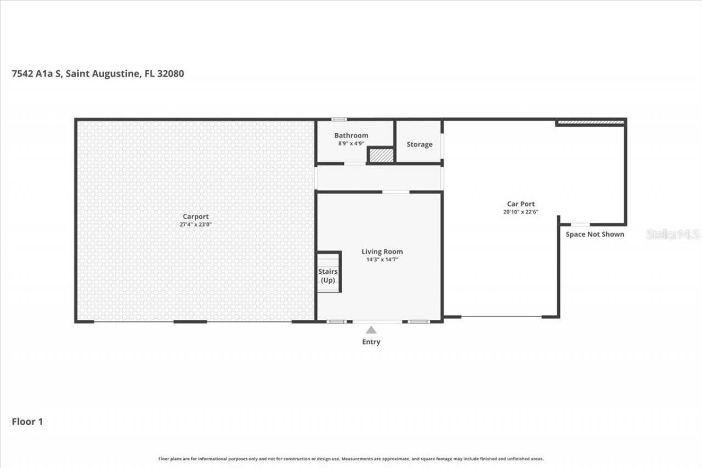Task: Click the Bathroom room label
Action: pos(351,136)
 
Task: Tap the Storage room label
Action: pos(419,144)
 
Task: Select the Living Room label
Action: pos(382,252)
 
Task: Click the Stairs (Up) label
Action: pos(327,275)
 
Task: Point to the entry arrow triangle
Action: pos(371,330)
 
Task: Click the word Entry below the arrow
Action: pos(371,342)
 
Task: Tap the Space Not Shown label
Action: pos(595,234)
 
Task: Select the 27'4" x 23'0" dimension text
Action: pos(195,224)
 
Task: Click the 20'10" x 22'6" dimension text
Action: pos(520,212)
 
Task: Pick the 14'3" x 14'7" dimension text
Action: pos(382,260)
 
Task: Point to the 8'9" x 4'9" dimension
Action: pos(351,143)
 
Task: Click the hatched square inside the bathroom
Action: pos(381,155)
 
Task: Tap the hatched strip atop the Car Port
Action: pos(591,122)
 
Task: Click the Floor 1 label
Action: pos(27,421)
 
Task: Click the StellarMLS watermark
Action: pos(673,234)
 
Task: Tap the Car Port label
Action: pos(520,204)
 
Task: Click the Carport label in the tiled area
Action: pos(195,217)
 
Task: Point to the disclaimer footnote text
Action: pos(351,459)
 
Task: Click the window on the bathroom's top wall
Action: pos(339,119)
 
